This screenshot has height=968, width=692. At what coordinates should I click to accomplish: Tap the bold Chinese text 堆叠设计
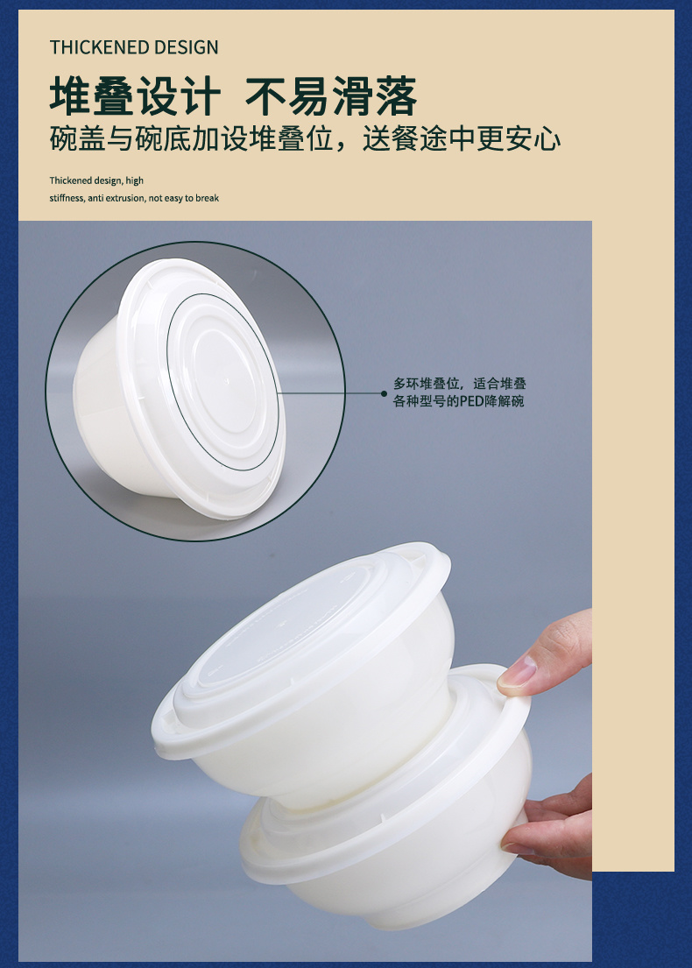click(x=135, y=96)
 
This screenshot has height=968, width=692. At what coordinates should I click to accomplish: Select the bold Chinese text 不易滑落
click(x=331, y=96)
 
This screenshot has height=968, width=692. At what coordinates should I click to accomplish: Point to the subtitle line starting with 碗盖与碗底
click(x=305, y=138)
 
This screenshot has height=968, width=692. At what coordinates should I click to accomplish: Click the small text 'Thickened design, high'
click(x=96, y=180)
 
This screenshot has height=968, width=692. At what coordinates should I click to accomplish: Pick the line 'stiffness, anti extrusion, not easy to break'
click(x=134, y=198)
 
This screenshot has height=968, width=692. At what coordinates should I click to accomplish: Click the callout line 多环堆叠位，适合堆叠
click(x=459, y=384)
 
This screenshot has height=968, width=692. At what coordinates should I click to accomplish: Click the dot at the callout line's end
click(x=384, y=392)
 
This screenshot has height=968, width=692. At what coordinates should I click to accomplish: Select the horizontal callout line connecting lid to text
click(x=330, y=392)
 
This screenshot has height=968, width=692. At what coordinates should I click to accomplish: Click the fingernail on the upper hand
click(x=517, y=671)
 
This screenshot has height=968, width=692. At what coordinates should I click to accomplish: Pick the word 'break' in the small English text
click(x=208, y=198)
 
